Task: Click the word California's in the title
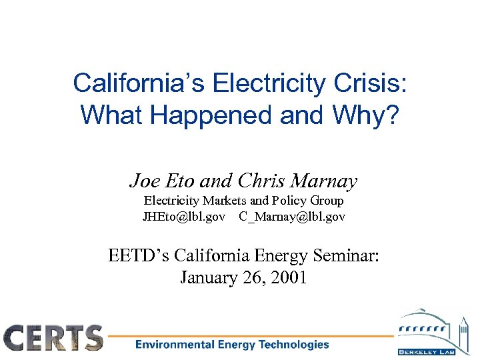[140, 83]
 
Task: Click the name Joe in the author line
[143, 181]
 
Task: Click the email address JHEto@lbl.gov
[183, 217]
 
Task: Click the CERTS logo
[54, 337]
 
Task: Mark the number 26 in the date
[253, 278]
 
